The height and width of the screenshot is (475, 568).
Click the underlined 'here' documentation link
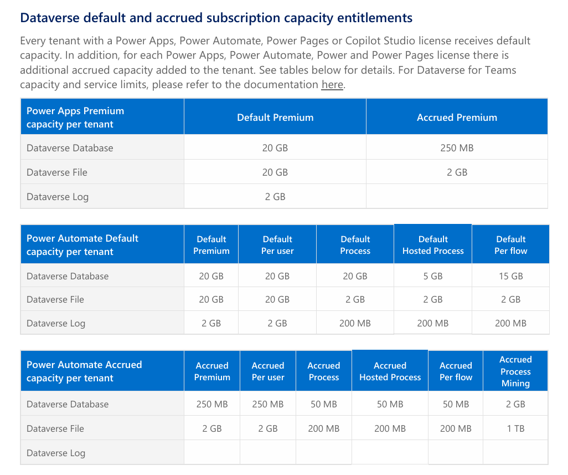[x=332, y=84]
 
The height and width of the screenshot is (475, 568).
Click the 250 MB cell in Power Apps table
[x=457, y=148]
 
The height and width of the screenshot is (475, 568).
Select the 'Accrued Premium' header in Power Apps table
[x=457, y=118]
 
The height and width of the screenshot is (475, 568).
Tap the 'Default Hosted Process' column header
[x=433, y=245]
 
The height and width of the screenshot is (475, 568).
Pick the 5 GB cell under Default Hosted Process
[x=433, y=276]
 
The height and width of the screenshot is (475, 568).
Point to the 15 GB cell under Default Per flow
[x=511, y=276]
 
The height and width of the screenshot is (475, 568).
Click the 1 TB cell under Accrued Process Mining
[x=515, y=428]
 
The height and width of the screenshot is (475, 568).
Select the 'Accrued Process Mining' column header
[x=515, y=371]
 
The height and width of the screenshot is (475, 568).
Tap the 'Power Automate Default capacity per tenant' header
[x=82, y=245]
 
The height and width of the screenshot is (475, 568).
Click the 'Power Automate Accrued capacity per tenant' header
[x=84, y=371]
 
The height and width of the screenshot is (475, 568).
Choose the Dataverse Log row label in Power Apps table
[x=58, y=197]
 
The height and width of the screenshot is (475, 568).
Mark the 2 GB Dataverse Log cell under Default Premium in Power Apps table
[x=275, y=197]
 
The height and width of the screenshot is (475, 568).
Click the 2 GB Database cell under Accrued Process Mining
[x=515, y=404]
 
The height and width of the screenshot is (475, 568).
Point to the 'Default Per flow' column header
[x=511, y=245]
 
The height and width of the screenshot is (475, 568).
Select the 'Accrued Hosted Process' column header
[x=390, y=371]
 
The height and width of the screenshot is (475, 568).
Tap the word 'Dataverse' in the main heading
[x=50, y=18]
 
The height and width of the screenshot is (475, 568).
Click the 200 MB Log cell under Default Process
[x=355, y=324]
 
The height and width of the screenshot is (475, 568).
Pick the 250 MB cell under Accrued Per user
[x=268, y=404]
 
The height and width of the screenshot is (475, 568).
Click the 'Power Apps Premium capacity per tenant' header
[x=75, y=118]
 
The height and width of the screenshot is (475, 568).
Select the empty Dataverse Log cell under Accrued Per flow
[x=456, y=452]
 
